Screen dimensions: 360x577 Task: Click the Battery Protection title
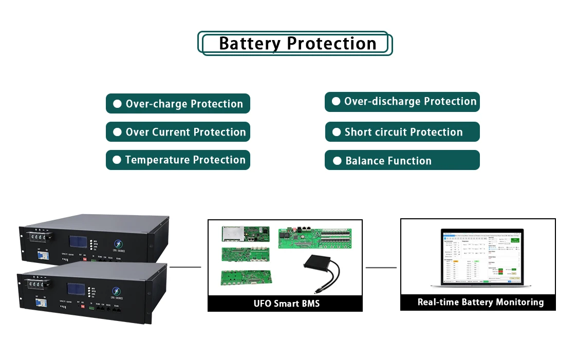[x=297, y=44]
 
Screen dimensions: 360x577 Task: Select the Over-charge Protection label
[x=184, y=104]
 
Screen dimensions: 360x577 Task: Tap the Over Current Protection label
[x=185, y=132]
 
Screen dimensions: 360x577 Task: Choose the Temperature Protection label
[x=185, y=160]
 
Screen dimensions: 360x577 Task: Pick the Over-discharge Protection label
[x=410, y=102]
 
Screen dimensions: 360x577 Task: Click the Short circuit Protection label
[x=403, y=132]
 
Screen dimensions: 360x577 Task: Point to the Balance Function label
[x=388, y=161]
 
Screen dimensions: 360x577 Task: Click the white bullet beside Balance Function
[x=337, y=161]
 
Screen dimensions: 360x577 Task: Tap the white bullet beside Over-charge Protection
[x=117, y=104]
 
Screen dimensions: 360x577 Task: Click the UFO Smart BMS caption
[x=286, y=304]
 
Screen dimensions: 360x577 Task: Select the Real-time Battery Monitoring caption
[x=480, y=302]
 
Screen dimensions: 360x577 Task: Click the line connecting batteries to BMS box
[x=185, y=267]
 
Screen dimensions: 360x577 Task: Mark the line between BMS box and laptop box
[x=381, y=267]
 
